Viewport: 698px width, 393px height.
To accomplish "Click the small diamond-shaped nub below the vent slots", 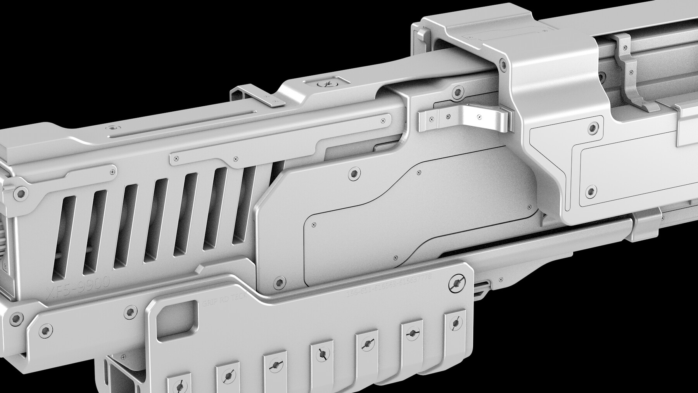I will (199, 269).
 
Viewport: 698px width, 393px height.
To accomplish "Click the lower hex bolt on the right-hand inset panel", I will (590, 191).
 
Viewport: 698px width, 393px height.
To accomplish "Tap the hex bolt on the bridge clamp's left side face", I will (503, 64).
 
